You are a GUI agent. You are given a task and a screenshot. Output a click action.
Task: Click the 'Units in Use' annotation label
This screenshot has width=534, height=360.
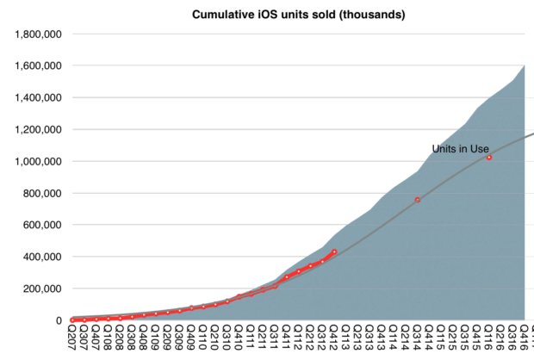click(461, 149)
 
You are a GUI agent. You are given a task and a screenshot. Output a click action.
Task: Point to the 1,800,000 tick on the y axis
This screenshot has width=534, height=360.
click(37, 34)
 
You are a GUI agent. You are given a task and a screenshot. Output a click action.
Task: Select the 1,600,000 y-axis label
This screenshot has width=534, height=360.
click(37, 65)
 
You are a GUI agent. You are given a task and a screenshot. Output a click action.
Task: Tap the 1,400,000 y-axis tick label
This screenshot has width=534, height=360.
click(37, 97)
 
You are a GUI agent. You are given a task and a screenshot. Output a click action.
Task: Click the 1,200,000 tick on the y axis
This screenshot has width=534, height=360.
click(37, 129)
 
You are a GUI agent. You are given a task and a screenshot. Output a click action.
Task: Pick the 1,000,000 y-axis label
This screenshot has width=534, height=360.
click(37, 161)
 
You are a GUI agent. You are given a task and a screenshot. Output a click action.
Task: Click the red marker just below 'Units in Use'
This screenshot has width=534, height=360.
click(489, 158)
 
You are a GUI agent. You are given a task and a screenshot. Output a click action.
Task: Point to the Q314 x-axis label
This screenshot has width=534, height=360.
click(418, 338)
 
